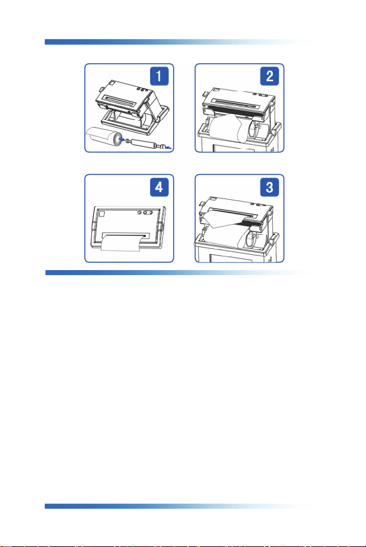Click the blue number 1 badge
click(x=159, y=76)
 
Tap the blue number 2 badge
click(x=270, y=76)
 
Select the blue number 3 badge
click(x=270, y=188)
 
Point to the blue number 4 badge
click(x=159, y=188)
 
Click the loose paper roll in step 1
click(x=105, y=137)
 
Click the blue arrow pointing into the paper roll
click(x=122, y=140)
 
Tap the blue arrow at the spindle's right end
click(x=169, y=148)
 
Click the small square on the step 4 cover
click(x=102, y=214)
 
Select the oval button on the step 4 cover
click(x=148, y=212)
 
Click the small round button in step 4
click(x=140, y=212)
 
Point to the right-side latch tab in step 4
click(x=161, y=227)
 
